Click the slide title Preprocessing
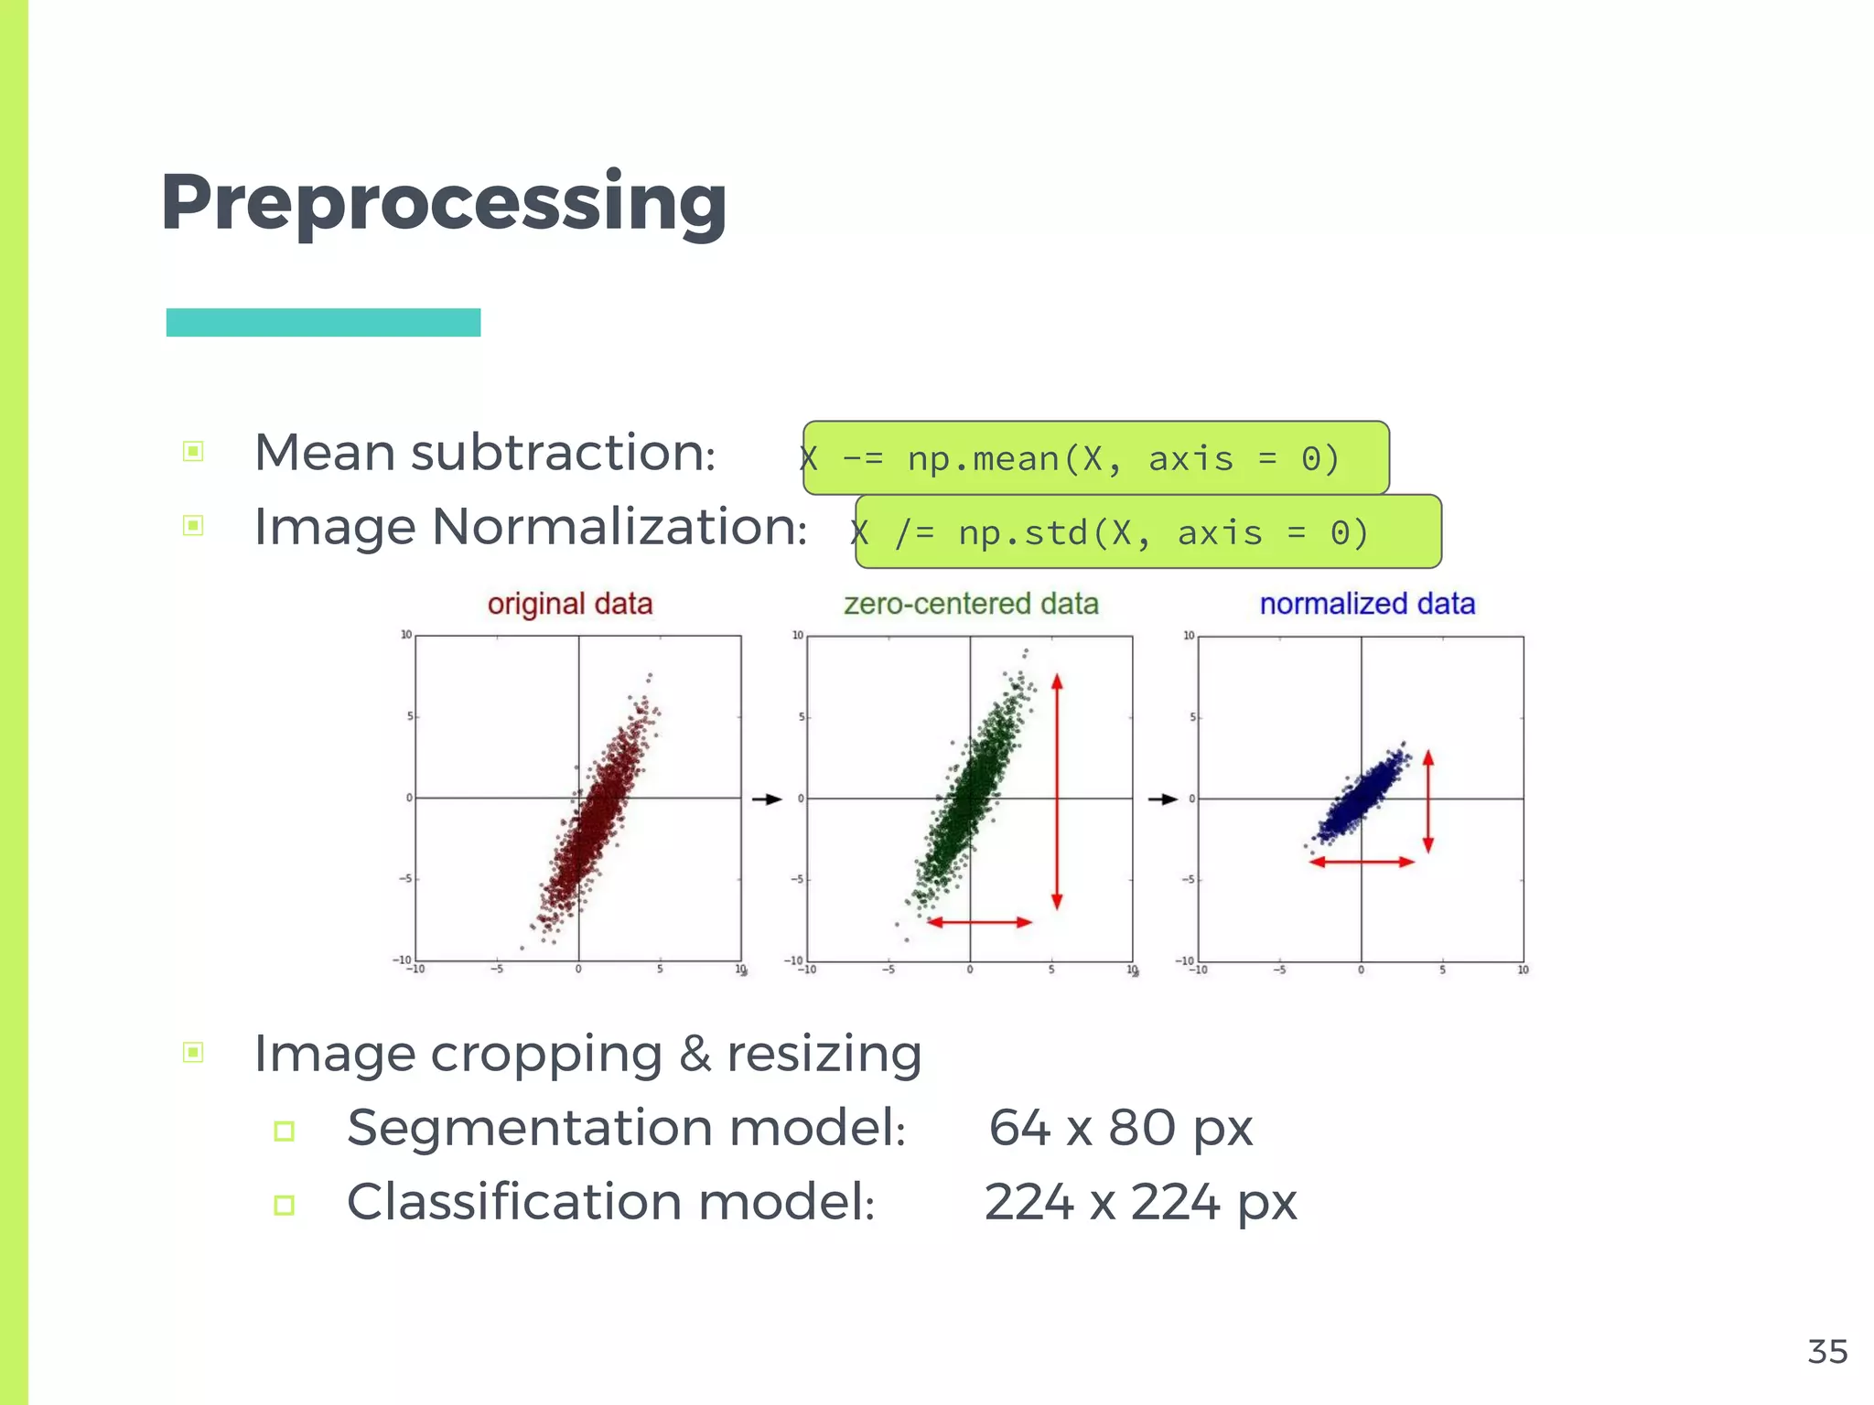click(444, 203)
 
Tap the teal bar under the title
click(323, 322)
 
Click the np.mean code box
click(1095, 457)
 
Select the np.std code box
click(1147, 531)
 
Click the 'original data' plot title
click(569, 604)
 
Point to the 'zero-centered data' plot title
click(971, 604)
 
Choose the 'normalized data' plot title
click(1367, 604)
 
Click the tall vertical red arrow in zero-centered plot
click(1057, 792)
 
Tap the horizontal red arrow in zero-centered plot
click(980, 922)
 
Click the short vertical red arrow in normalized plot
click(1428, 801)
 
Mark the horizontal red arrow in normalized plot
click(1362, 862)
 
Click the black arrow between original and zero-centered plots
click(767, 799)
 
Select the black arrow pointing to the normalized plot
click(1163, 799)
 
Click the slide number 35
click(1827, 1352)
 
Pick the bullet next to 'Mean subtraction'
click(193, 451)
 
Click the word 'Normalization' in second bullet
click(619, 527)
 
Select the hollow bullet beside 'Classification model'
click(285, 1205)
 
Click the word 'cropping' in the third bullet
click(546, 1054)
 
